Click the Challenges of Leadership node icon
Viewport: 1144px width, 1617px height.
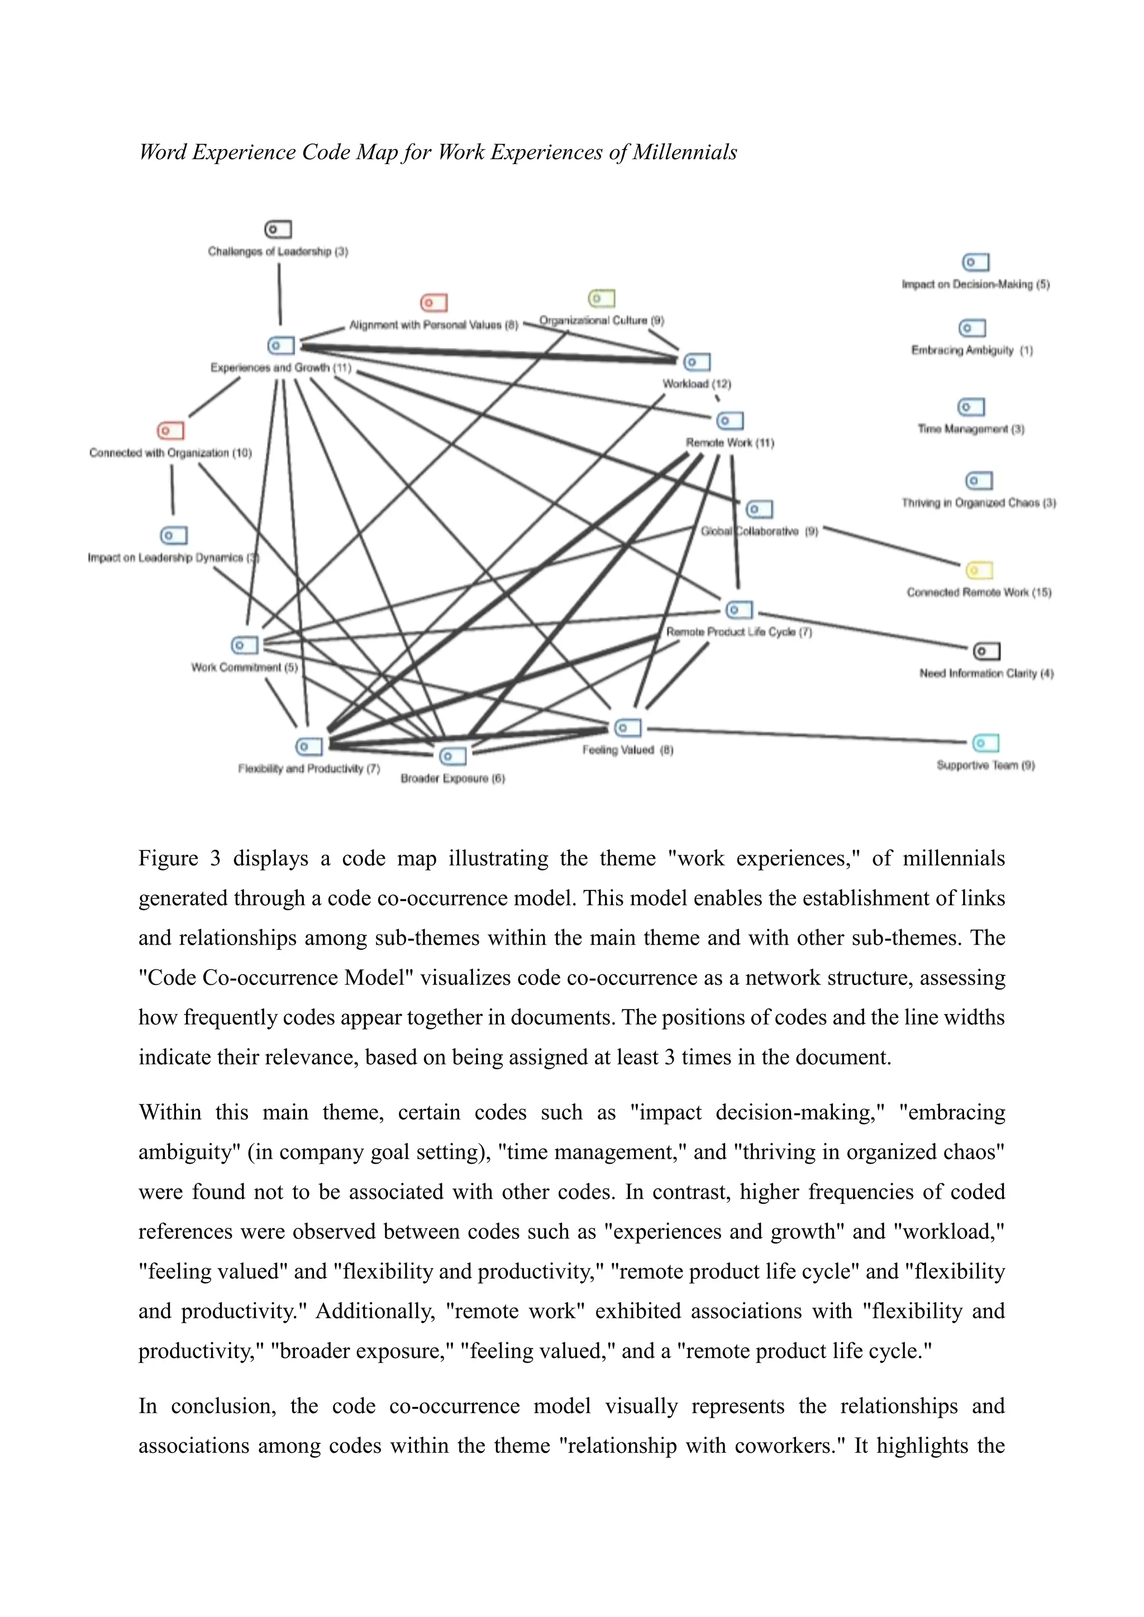coord(278,229)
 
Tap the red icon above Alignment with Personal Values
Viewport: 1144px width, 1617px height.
coord(434,303)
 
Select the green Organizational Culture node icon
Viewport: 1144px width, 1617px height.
coord(602,299)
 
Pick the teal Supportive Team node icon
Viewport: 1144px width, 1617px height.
coord(985,743)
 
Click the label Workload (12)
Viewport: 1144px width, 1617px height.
coord(697,384)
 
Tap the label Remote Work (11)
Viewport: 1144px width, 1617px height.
coord(730,443)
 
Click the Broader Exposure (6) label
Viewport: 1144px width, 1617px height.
coord(452,778)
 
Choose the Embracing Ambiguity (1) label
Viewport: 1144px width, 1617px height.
coord(971,351)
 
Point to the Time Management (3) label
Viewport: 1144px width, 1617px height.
coord(971,429)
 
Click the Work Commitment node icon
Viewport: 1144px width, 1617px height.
coord(245,645)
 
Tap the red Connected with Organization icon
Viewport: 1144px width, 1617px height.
coord(170,430)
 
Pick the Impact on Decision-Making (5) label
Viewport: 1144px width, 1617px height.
coord(976,285)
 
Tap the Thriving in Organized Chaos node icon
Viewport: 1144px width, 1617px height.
coord(979,481)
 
